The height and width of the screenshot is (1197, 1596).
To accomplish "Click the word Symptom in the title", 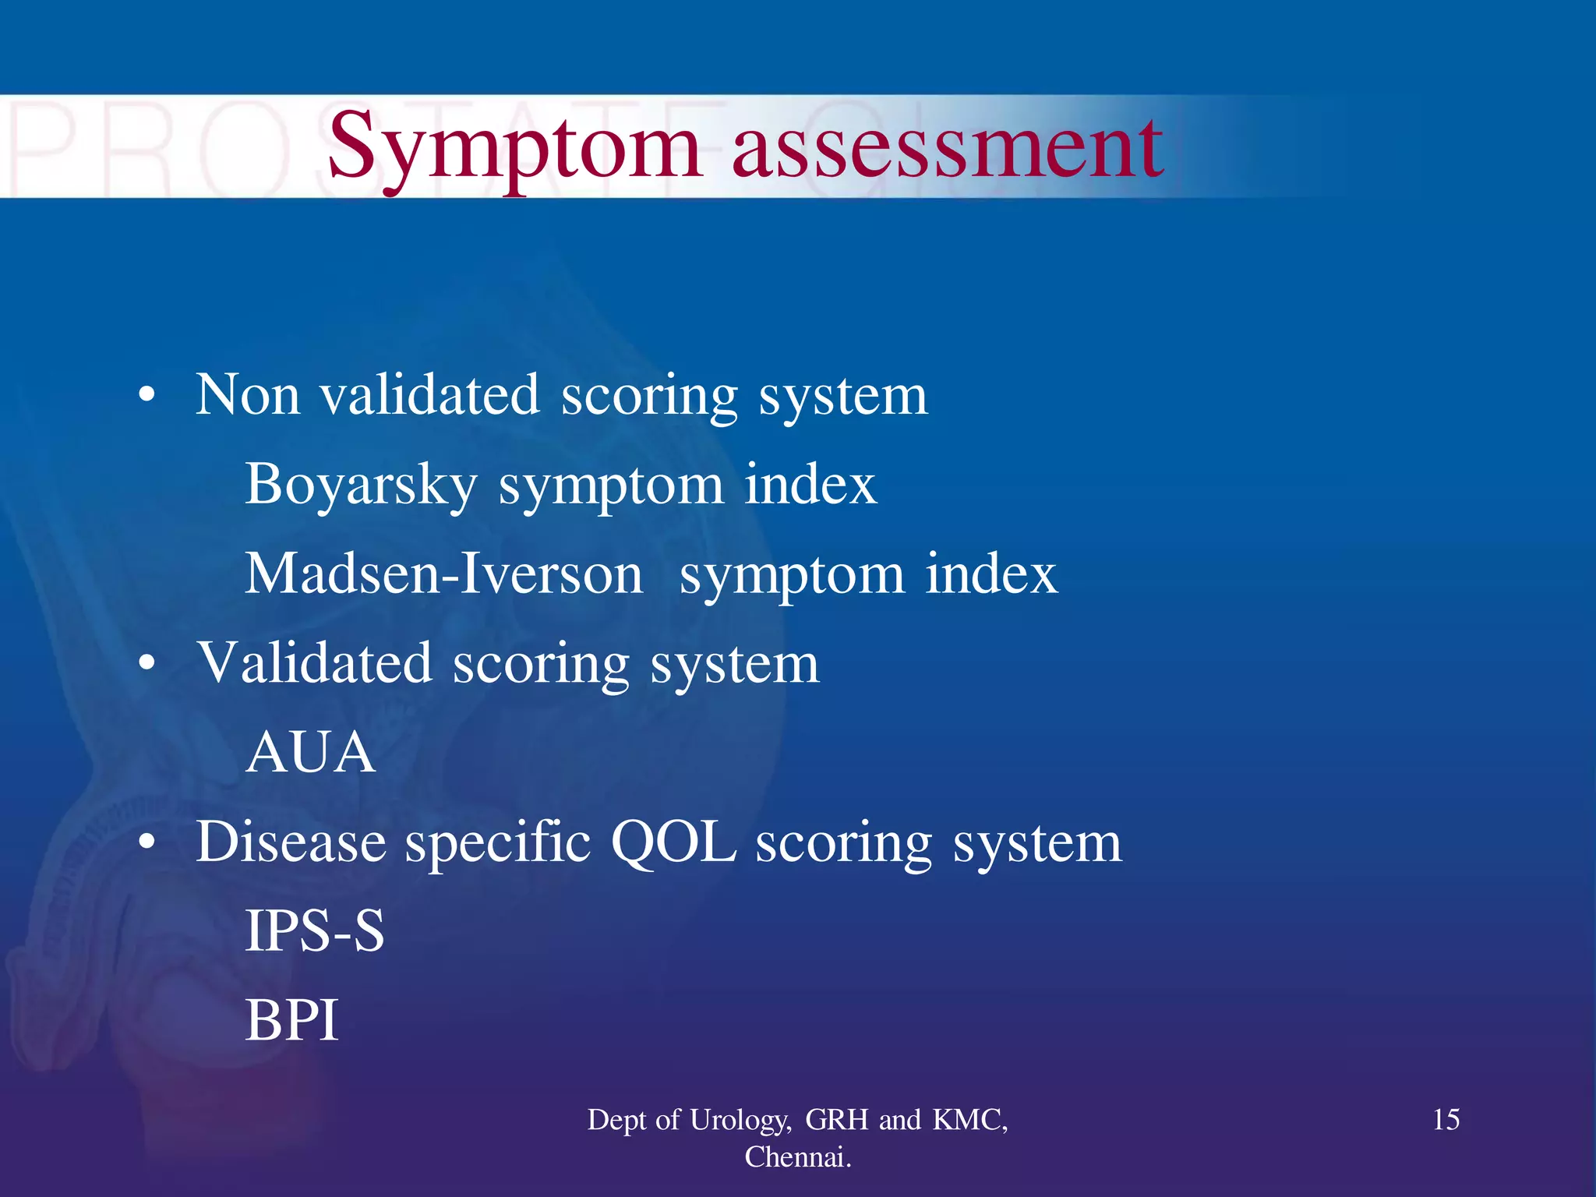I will pos(514,148).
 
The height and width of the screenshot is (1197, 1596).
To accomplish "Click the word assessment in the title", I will pos(947,148).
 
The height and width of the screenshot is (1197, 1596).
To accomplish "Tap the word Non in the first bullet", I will pos(247,395).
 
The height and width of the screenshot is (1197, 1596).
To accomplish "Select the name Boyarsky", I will pos(361,485).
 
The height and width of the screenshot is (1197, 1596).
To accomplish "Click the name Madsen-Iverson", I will pos(444,574).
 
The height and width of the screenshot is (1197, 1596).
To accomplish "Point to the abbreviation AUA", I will pos(310,754).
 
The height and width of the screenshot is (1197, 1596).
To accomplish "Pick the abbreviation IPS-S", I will pos(314,931).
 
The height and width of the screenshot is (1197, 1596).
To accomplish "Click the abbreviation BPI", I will pos(291,1021).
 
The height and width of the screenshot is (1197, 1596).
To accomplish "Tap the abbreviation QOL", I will pos(673,842).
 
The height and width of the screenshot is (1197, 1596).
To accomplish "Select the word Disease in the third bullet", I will pos(291,842).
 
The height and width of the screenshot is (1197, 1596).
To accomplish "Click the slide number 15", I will pos(1446,1120).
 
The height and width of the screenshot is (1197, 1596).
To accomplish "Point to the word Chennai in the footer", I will pos(795,1157).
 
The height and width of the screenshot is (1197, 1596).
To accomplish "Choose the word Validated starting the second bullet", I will pos(315,664).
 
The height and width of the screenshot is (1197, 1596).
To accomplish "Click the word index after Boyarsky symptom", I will pos(810,485).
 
